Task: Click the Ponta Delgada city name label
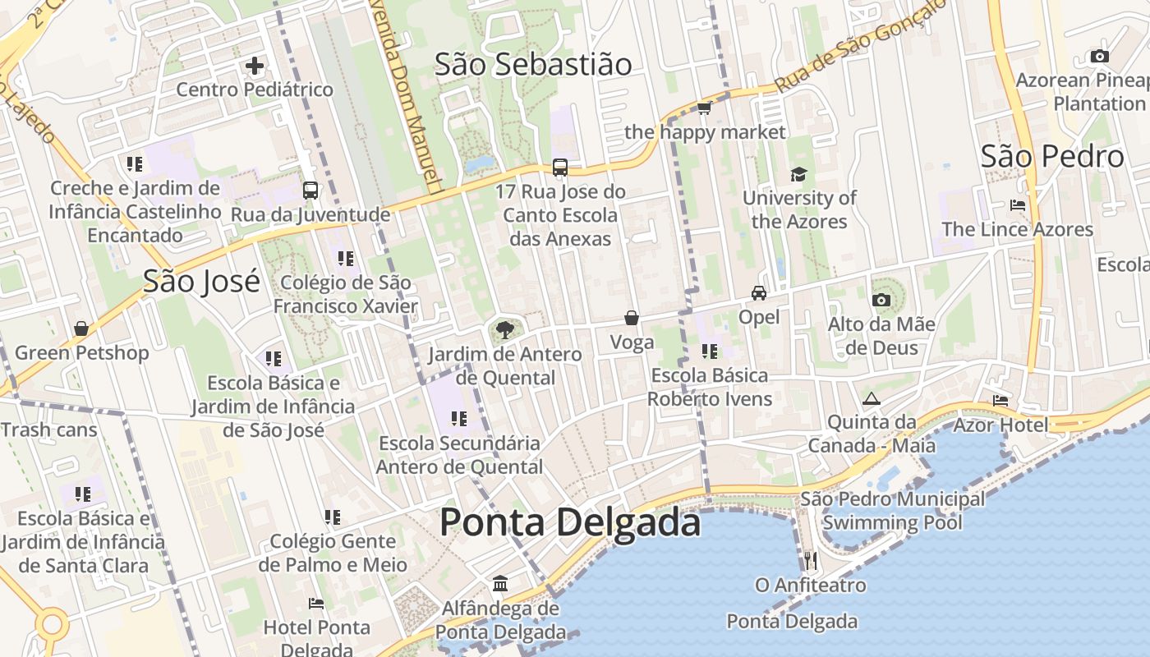coord(570,522)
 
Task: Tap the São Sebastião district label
coord(533,64)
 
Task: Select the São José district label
coord(201,281)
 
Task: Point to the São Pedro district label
coord(1052,156)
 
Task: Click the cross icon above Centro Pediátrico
coord(255,65)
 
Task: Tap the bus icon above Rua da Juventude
coord(310,191)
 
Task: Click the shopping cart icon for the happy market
coord(704,108)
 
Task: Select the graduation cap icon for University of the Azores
coord(798,174)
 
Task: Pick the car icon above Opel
coord(759,293)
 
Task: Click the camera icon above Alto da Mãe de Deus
coord(881,301)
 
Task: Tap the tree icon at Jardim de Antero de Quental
coord(505,330)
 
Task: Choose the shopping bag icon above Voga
coord(632,318)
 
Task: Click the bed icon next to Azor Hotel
coord(1000,401)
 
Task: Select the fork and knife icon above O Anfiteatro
coord(811,561)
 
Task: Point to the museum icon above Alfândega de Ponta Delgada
coord(500,584)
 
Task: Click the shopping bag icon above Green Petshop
coord(81,329)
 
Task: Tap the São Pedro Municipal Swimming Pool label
coord(892,511)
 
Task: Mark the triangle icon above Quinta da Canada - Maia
coord(872,398)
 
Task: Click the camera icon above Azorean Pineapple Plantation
coord(1099,57)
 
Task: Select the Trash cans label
coord(48,430)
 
